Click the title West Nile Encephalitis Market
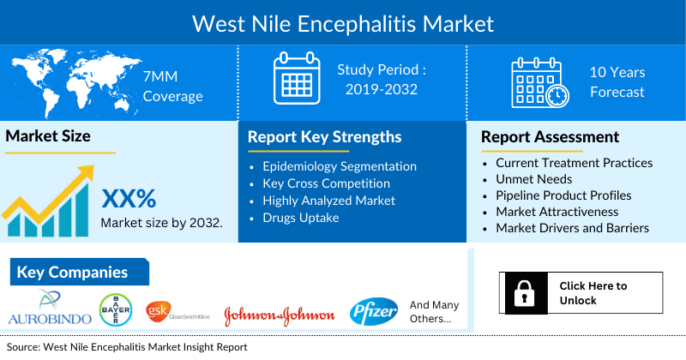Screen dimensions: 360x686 point(343,21)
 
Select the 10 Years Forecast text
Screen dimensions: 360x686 point(617,82)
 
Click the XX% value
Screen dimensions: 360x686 point(129,199)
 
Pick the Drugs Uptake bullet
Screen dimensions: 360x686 point(302,218)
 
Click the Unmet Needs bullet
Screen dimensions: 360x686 point(534,179)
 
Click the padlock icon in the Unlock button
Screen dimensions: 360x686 point(523,292)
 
